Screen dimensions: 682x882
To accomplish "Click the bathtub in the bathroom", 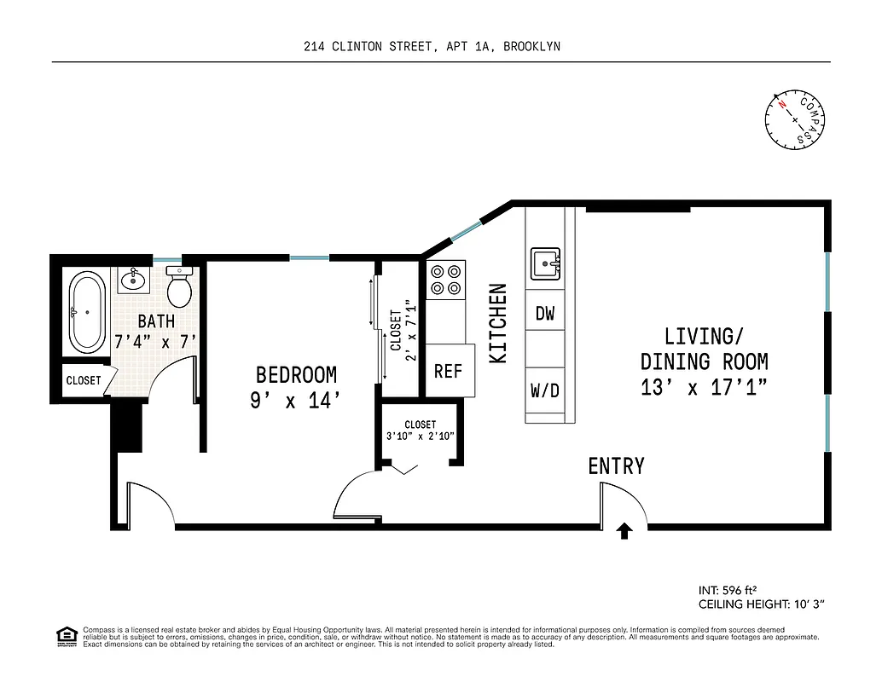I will [87, 313].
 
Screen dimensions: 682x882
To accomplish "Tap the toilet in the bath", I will [180, 288].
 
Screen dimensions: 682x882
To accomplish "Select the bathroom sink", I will [132, 279].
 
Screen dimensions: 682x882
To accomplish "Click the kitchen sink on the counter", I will [545, 263].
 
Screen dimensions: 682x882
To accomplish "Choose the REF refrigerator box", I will [448, 371].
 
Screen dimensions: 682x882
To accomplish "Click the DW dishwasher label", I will [545, 314].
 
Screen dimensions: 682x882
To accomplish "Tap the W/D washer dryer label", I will [545, 391].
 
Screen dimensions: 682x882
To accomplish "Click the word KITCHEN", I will [498, 324].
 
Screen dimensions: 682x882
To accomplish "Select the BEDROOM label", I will [296, 375].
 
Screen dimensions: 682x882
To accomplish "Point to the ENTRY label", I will [616, 466].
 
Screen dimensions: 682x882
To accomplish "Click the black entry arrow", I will [624, 531].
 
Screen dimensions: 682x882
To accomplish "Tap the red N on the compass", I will [780, 105].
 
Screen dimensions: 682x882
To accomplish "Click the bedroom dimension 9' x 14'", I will [296, 401].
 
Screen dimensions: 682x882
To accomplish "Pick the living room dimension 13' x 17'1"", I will [704, 387].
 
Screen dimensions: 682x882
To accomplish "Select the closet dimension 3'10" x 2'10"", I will [420, 436].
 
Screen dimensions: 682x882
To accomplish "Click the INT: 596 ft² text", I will [728, 590].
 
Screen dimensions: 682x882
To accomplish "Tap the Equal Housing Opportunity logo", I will [66, 635].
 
